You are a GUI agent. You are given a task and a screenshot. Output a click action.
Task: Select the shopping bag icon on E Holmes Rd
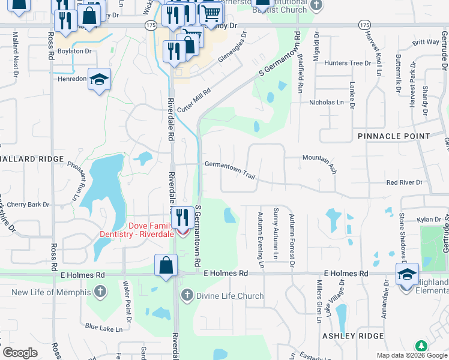(166, 265)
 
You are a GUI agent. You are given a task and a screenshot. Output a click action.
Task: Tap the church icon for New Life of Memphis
(100, 292)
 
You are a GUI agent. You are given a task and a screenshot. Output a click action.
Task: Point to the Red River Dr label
(405, 182)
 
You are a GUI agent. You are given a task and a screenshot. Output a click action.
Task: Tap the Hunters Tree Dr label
(348, 63)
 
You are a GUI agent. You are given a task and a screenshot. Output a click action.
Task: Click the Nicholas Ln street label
(327, 103)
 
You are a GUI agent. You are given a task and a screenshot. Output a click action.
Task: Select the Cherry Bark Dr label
(28, 205)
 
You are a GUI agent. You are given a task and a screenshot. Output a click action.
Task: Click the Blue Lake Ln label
(103, 328)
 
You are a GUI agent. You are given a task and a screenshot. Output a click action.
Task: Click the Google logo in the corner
(19, 353)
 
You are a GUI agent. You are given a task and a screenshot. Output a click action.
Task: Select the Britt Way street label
(426, 42)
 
